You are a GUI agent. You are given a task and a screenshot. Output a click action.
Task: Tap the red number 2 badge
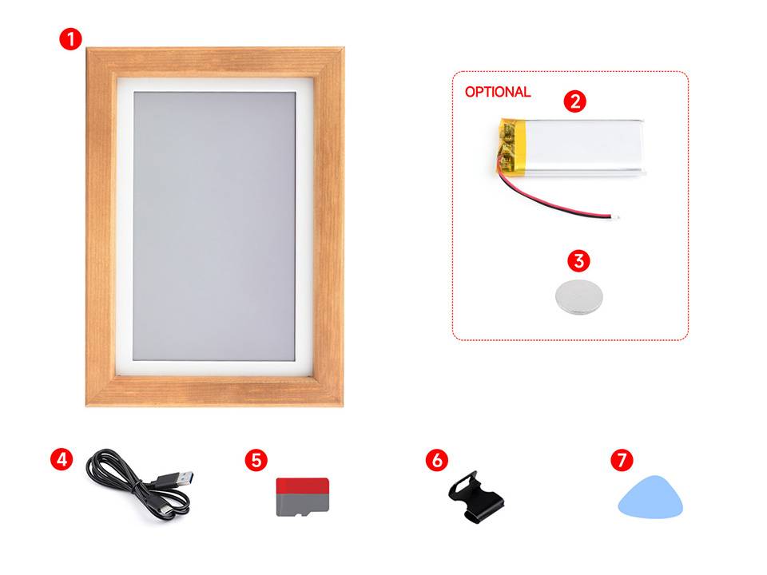574,101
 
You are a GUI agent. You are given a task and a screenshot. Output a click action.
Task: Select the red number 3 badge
579,261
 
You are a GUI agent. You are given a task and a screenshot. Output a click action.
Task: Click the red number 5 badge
255,459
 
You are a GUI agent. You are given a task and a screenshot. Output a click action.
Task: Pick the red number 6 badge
435,459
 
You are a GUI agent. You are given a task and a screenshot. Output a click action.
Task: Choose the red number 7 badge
622,460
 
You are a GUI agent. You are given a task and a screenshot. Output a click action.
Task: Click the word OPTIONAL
497,92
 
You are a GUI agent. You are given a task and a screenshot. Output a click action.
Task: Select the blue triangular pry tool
653,497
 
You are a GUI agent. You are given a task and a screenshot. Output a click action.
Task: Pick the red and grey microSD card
302,498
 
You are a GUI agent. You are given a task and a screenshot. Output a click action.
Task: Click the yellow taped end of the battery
508,145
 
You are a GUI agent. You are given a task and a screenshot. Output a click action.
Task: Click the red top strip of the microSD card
302,486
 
